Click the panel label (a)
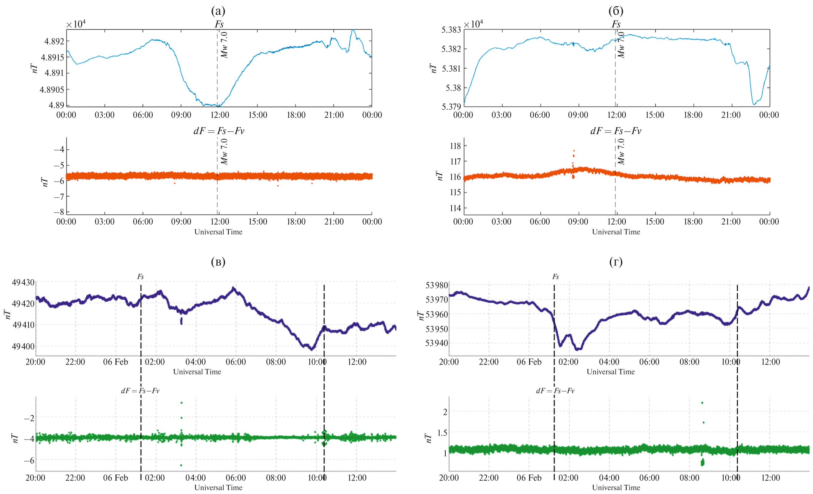[x=218, y=11]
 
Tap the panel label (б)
[x=616, y=11]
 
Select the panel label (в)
[x=218, y=262]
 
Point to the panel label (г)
[x=616, y=262]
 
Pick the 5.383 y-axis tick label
[x=451, y=30]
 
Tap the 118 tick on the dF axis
[x=455, y=146]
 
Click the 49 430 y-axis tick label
[x=23, y=283]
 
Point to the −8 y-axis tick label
[x=59, y=212]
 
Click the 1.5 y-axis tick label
[x=442, y=433]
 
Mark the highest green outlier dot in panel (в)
[x=181, y=402]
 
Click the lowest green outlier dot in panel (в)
[x=181, y=465]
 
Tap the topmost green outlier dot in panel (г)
[x=702, y=402]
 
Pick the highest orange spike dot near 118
[x=574, y=151]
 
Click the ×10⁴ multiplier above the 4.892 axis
[x=76, y=24]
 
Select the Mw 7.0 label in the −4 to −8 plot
[x=224, y=152]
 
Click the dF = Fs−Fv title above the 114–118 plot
[x=616, y=131]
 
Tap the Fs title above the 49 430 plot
[x=140, y=277]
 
